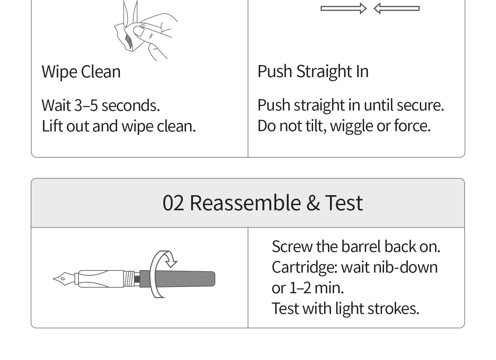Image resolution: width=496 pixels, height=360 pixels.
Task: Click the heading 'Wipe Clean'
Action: point(81,72)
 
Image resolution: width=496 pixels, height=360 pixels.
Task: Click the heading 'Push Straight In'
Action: point(313,72)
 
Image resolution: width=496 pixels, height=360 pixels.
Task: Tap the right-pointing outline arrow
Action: point(343,8)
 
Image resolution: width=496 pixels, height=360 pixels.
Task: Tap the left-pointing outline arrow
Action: point(396,8)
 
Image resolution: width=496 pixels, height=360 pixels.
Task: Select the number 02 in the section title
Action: point(173,203)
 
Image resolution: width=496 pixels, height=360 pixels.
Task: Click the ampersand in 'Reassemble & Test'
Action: point(313,203)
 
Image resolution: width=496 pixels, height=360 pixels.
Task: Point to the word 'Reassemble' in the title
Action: point(245,203)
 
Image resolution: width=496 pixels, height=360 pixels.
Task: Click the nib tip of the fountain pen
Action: point(54,279)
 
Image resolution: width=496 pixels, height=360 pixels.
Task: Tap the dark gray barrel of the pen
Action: point(177,279)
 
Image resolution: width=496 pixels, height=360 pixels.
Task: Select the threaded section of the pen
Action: point(129,279)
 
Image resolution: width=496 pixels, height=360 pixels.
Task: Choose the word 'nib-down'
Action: point(405,267)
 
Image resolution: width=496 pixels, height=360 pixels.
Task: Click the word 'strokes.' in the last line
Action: point(393,308)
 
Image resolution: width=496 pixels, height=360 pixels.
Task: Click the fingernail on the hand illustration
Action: point(138,31)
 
